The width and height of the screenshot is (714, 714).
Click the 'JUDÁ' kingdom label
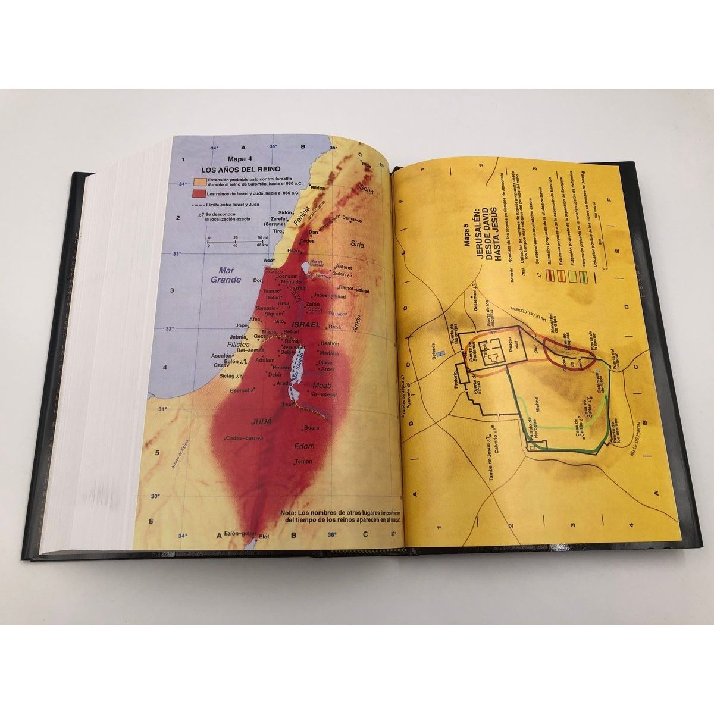262,421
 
